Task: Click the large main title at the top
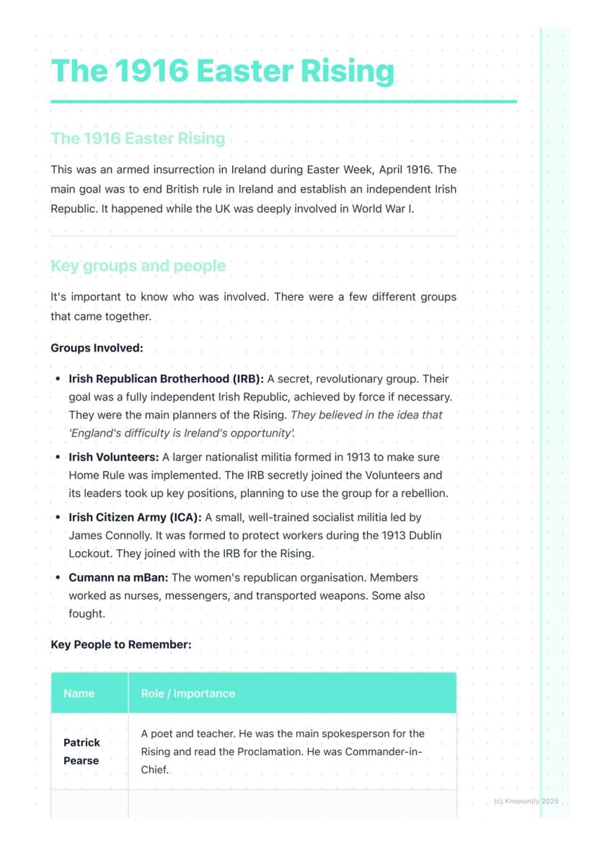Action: (x=223, y=71)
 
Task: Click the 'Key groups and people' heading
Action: (x=138, y=266)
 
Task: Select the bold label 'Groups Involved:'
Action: (x=97, y=348)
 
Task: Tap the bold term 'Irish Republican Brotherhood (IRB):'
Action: (x=166, y=379)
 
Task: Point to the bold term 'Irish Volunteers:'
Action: (x=113, y=457)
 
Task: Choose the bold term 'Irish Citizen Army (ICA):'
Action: (x=135, y=517)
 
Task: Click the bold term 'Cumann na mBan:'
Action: (x=118, y=577)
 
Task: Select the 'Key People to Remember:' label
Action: (x=121, y=644)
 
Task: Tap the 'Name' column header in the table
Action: (x=79, y=693)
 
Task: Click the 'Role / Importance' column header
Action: (x=187, y=693)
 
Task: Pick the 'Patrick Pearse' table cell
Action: (x=81, y=751)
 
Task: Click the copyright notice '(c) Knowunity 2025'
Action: (x=526, y=801)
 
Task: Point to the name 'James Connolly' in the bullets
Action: (x=106, y=535)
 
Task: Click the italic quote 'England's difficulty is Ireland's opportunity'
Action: (x=181, y=433)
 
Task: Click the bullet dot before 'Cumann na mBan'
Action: (x=58, y=578)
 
